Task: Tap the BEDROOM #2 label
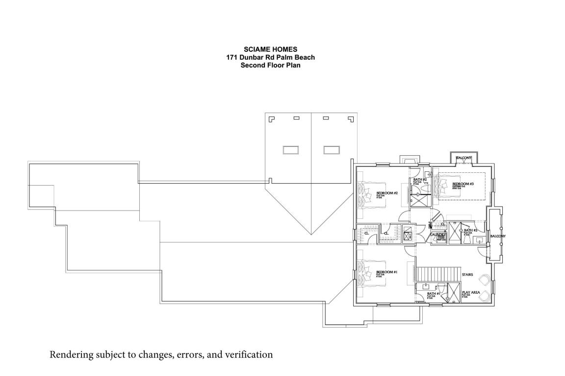(386, 193)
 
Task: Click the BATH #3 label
(471, 230)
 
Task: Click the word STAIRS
(467, 275)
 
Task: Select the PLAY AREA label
(470, 292)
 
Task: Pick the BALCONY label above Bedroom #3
(463, 158)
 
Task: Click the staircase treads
(438, 274)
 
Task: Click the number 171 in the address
(232, 57)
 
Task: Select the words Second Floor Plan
(270, 65)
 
